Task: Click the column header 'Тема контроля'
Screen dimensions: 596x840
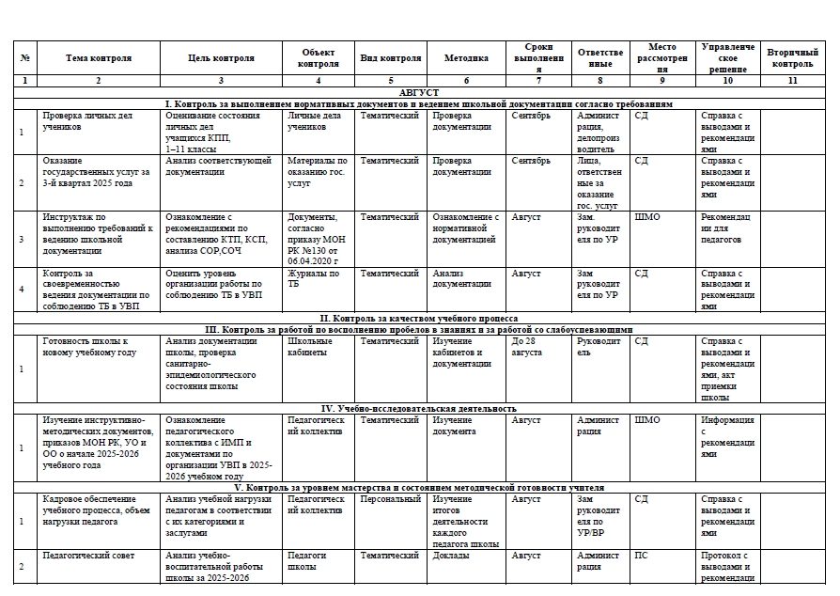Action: point(99,58)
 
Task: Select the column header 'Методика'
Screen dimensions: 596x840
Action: point(466,58)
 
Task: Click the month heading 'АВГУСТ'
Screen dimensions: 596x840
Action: point(419,92)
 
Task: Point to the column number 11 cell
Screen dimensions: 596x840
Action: point(792,81)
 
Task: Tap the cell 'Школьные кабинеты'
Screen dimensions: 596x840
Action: point(315,346)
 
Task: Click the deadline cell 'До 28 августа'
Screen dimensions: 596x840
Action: point(526,346)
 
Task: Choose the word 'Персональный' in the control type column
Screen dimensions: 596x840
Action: point(391,499)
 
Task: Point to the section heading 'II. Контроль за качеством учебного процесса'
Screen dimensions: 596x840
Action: point(419,319)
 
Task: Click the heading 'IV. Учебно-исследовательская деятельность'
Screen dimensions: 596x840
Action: point(419,409)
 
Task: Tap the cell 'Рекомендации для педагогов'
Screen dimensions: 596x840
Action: point(726,227)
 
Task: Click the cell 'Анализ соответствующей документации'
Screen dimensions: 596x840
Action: point(218,166)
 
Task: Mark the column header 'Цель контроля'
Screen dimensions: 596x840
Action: point(221,58)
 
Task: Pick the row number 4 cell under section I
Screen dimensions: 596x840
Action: point(22,290)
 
